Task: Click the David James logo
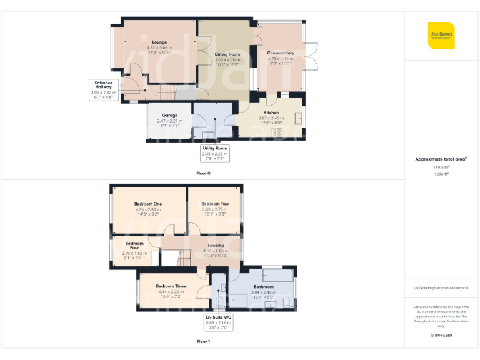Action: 441,35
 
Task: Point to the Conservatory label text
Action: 280,53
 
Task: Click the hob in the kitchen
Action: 276,131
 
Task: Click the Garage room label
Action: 169,115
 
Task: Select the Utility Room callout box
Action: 214,153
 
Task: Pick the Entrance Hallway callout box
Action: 104,90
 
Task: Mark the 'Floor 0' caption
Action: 203,173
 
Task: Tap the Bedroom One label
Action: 148,204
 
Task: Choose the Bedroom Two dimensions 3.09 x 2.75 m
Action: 215,209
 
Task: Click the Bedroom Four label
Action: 134,243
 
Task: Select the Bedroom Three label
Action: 171,286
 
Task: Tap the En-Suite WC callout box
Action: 218,322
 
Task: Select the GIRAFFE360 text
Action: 441,336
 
